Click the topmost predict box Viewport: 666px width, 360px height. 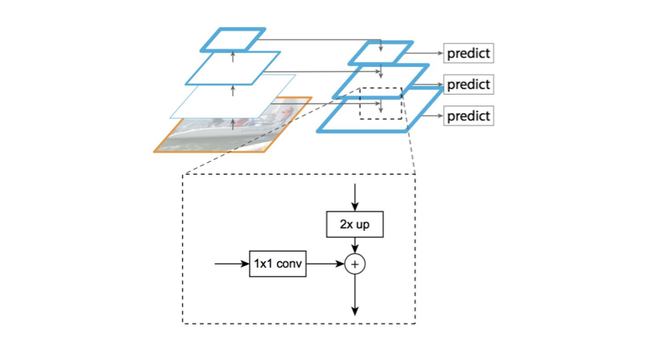tap(468, 54)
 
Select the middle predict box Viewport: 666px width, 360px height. tap(468, 85)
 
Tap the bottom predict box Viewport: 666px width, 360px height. tap(468, 116)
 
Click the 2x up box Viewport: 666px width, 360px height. tap(355, 225)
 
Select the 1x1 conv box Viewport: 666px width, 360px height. tap(278, 264)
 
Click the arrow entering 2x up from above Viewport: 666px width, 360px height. tap(355, 198)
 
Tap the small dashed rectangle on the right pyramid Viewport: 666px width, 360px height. tap(381, 103)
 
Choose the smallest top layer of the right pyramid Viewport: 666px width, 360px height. tap(381, 52)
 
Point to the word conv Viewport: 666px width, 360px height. tap(289, 264)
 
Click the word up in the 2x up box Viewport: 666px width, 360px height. tap(365, 225)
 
